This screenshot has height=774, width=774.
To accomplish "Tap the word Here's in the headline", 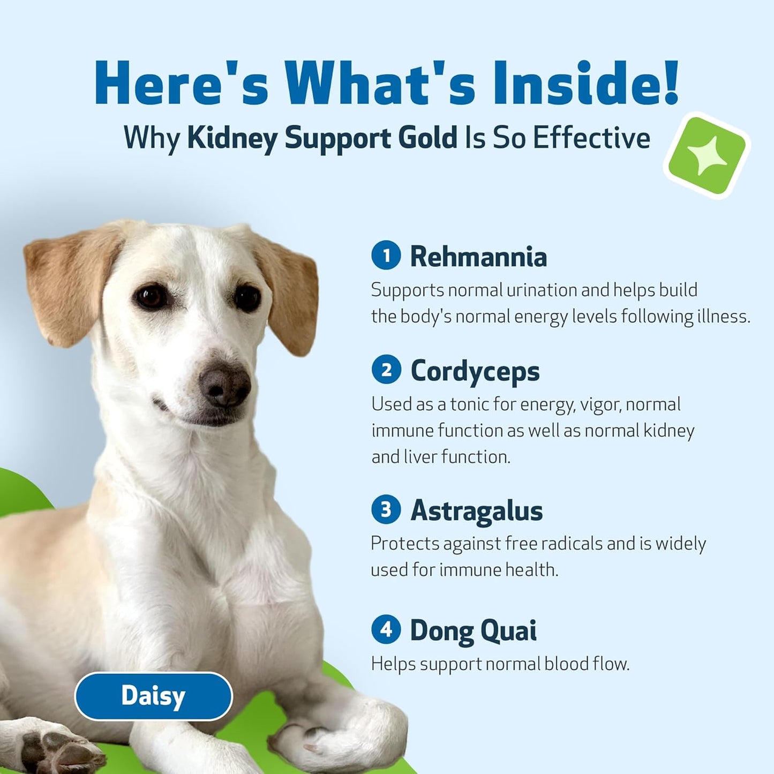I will (x=181, y=84).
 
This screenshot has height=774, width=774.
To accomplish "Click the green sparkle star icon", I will (x=707, y=155).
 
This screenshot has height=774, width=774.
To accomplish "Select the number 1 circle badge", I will (x=386, y=256).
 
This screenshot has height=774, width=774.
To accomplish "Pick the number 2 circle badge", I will (x=386, y=370).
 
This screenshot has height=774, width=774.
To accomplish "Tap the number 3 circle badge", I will (x=386, y=509).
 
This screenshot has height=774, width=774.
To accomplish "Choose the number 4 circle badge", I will (x=386, y=630).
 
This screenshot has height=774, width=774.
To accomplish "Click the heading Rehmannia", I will (x=478, y=257).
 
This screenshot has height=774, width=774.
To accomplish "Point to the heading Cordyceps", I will (x=475, y=371).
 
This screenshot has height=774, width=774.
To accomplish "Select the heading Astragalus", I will (x=476, y=510).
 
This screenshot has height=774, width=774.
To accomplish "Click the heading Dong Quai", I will (x=473, y=630).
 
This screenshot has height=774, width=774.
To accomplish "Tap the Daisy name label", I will (x=153, y=696).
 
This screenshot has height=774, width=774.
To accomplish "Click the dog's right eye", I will (x=247, y=297).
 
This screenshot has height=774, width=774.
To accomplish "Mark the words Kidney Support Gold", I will (x=322, y=138).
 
